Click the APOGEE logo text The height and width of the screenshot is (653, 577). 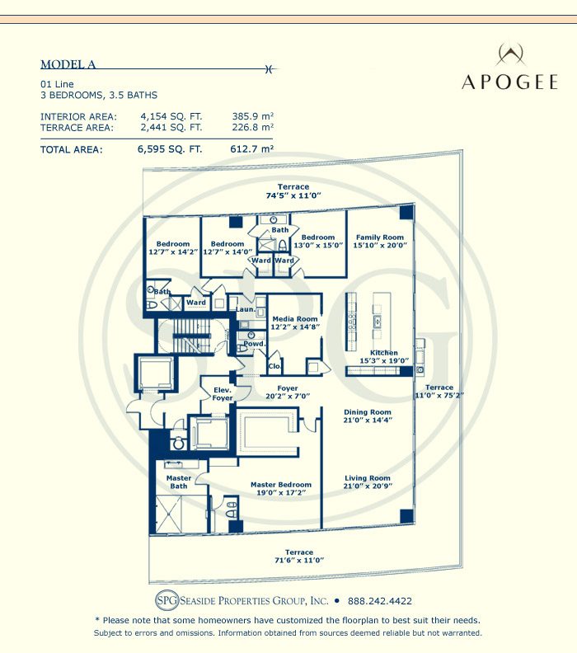[510, 82]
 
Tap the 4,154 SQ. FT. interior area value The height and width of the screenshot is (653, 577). [171, 117]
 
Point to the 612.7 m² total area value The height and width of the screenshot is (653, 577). [252, 150]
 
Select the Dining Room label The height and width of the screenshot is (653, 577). [368, 416]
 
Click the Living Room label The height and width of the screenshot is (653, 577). [368, 482]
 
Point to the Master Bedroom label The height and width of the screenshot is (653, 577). [281, 489]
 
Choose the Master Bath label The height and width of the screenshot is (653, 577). [179, 482]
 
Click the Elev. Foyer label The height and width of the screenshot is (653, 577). [223, 394]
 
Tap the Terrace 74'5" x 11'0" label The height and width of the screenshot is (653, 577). [293, 191]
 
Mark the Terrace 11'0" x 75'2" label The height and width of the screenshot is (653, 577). [439, 392]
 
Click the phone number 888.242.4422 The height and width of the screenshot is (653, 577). [380, 602]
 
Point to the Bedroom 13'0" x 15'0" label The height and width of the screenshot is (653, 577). [317, 242]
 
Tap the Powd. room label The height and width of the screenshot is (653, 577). [255, 344]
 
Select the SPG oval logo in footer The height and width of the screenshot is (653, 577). [167, 601]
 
